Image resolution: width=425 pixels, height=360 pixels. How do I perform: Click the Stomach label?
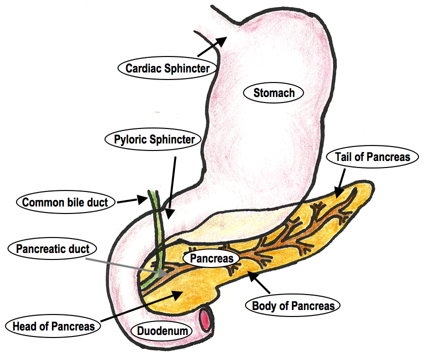tap(273, 92)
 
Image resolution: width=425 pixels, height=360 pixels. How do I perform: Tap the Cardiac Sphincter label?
tap(167, 67)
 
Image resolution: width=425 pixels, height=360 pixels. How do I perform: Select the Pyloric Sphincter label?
tap(150, 139)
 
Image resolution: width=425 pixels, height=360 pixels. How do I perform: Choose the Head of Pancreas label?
tap(51, 326)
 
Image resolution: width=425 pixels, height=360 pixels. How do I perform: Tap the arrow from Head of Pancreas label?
tap(140, 308)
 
